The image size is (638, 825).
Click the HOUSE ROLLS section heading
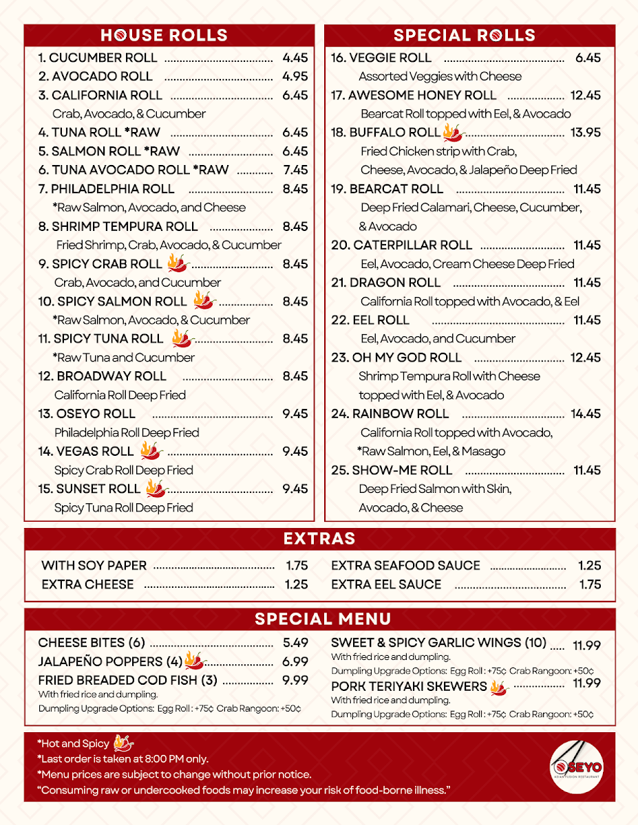(x=164, y=35)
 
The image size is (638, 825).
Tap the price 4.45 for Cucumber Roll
(x=295, y=58)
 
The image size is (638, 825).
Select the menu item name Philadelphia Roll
(x=112, y=189)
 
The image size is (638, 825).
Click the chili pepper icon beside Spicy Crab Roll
(x=178, y=263)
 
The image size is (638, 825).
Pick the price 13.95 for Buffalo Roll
(x=586, y=133)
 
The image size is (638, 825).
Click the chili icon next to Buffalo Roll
(x=454, y=132)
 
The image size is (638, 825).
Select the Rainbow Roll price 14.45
(x=586, y=414)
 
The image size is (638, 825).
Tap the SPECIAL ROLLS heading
(x=465, y=35)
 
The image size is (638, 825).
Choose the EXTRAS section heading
(x=319, y=538)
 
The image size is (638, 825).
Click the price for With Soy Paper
(x=297, y=566)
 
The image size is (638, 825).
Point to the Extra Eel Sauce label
(x=386, y=584)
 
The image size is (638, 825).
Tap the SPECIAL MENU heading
(x=323, y=619)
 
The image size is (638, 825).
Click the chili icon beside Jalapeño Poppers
(x=195, y=661)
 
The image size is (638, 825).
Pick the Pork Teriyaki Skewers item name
(x=409, y=687)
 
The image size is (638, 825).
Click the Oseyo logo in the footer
(x=577, y=766)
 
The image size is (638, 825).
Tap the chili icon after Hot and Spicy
(x=123, y=742)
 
